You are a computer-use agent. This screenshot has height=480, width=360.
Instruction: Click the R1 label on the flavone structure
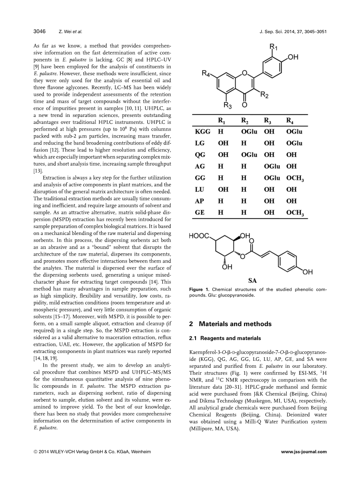274,48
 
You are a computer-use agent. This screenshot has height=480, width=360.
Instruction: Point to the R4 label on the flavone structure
207,73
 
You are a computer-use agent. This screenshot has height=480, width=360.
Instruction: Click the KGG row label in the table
202,132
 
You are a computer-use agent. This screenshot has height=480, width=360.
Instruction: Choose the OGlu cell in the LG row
294,143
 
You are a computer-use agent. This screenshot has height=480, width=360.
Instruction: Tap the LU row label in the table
199,189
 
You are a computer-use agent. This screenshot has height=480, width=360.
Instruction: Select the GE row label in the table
199,213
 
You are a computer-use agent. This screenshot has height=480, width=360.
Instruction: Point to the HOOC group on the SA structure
199,236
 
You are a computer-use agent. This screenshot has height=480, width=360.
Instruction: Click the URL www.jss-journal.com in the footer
304,452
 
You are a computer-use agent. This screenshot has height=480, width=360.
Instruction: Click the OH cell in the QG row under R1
223,155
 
